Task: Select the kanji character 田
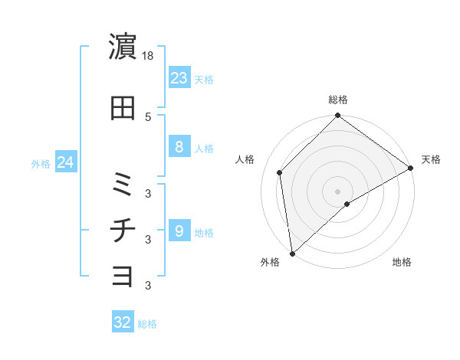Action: point(123,109)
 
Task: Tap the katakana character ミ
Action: point(123,183)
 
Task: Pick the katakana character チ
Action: point(123,231)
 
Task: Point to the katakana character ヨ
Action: point(123,276)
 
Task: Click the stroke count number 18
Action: point(149,56)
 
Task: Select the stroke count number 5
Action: point(148,116)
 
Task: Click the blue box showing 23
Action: point(179,77)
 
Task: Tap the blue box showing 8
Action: point(179,147)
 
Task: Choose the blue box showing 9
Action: point(179,231)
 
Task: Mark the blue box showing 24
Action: point(65,162)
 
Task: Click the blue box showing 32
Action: point(122,322)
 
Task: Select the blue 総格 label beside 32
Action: point(147,324)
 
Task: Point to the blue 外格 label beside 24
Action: point(41,163)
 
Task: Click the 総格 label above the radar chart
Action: point(338,100)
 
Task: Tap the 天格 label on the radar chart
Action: point(431,159)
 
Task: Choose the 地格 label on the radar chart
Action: point(402,263)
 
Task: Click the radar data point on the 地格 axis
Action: point(347,204)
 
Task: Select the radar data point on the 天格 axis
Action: point(411,167)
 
